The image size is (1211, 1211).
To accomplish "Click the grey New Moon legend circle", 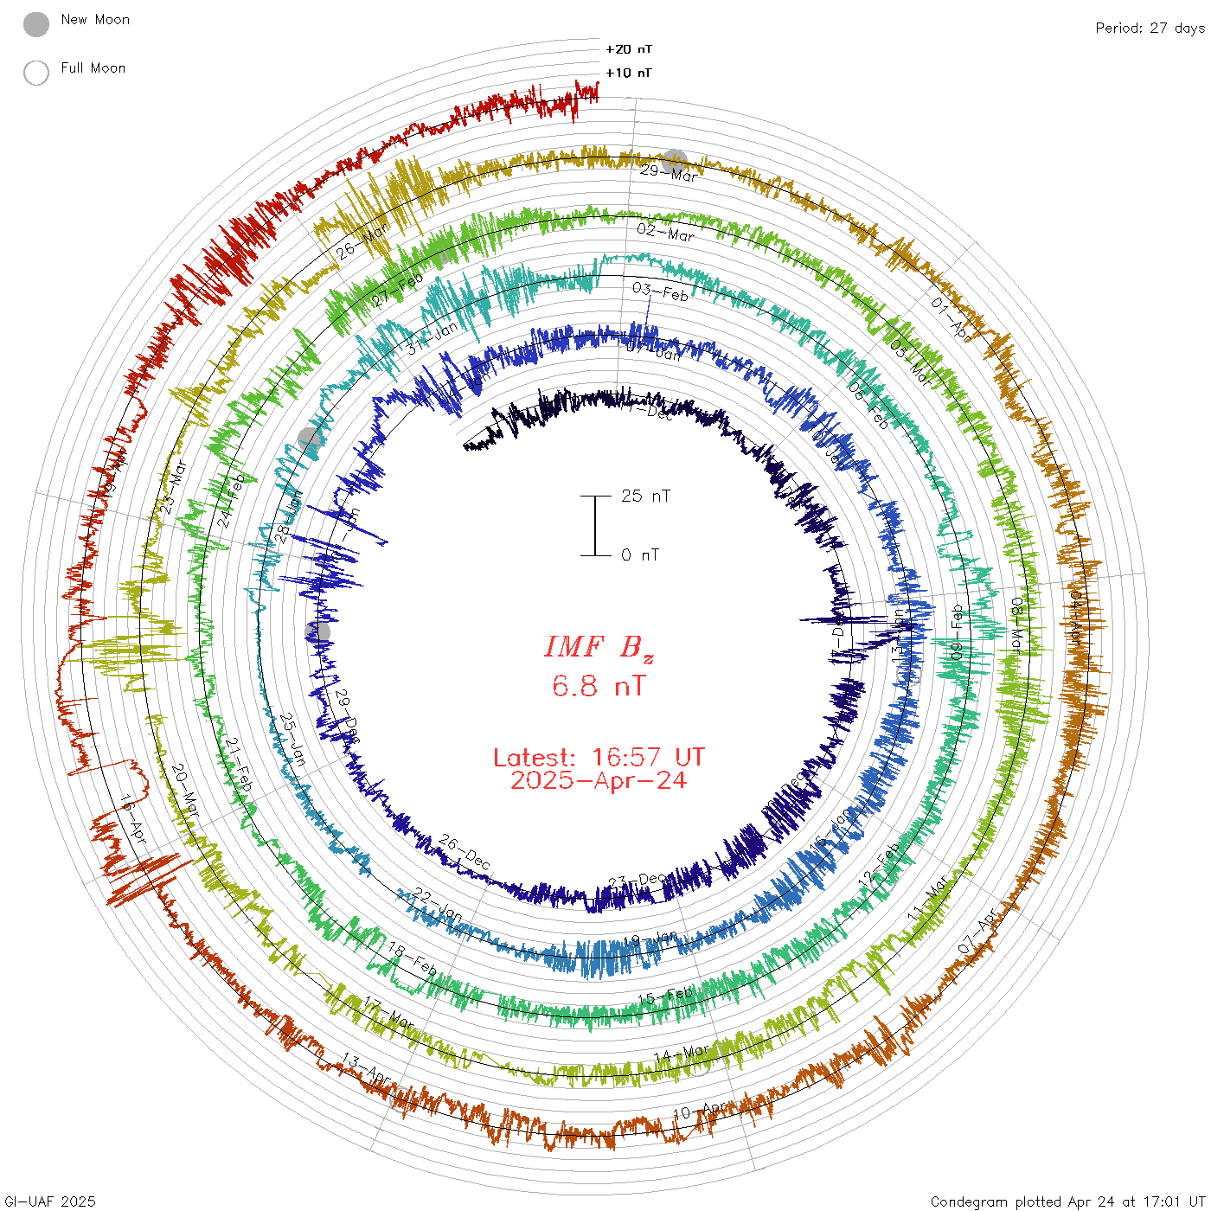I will pyautogui.click(x=36, y=24).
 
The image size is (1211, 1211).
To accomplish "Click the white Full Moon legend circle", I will pyautogui.click(x=36, y=73).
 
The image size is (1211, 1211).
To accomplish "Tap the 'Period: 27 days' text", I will pyautogui.click(x=1150, y=29).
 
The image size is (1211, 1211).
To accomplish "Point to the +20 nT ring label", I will pyautogui.click(x=629, y=49).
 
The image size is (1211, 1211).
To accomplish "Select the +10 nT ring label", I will pyautogui.click(x=629, y=73).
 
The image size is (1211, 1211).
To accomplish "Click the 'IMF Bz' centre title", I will pyautogui.click(x=599, y=647).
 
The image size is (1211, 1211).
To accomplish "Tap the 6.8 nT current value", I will pyautogui.click(x=599, y=687).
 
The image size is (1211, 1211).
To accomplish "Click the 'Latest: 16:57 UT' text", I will pyautogui.click(x=599, y=758).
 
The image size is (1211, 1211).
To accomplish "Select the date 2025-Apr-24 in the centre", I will pyautogui.click(x=599, y=780).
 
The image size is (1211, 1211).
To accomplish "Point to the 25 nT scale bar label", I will pyautogui.click(x=645, y=496).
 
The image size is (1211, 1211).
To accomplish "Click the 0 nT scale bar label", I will pyautogui.click(x=640, y=555).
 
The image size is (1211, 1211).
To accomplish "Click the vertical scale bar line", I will pyautogui.click(x=595, y=526).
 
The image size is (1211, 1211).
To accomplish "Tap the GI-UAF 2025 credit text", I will pyautogui.click(x=49, y=1201).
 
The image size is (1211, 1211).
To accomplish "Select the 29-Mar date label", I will pyautogui.click(x=669, y=172).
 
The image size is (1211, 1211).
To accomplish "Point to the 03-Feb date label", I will pyautogui.click(x=660, y=292).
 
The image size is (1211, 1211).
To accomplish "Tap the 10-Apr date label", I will pyautogui.click(x=700, y=1110).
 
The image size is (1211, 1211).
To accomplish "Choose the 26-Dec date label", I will pyautogui.click(x=464, y=852).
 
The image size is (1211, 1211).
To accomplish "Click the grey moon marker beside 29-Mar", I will pyautogui.click(x=675, y=161).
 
